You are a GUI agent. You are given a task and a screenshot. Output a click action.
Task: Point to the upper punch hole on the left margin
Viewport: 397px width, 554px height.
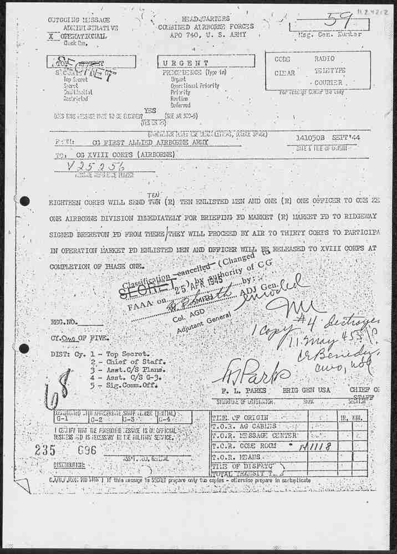[x=24, y=201]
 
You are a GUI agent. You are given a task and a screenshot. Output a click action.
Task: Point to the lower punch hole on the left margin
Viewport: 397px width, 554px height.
[x=24, y=348]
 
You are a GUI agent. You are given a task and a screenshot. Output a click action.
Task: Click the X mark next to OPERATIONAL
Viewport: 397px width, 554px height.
[x=51, y=35]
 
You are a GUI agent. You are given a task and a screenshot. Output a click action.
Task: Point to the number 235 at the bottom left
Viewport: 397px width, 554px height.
[x=45, y=450]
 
